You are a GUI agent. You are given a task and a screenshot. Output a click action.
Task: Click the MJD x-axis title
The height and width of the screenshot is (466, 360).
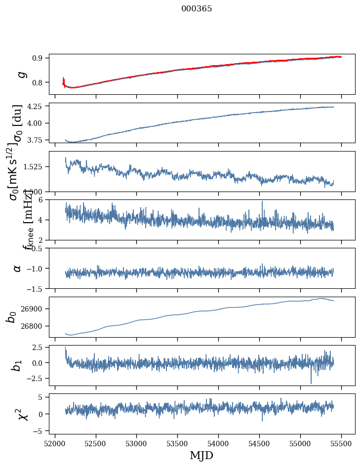201,455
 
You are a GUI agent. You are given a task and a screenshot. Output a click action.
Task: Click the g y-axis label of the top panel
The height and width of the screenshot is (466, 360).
21,74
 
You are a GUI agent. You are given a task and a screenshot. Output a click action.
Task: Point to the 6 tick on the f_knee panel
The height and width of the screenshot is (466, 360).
43,199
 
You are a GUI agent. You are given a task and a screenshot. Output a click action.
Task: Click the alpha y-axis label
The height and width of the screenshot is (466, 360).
17,268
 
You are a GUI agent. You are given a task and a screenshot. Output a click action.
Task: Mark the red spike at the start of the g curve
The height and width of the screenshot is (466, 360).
64,80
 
